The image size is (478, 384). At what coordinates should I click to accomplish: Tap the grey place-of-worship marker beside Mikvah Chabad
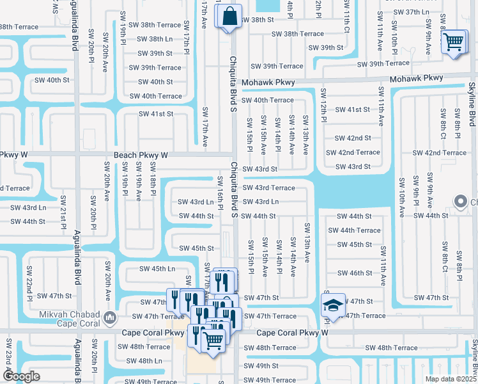click(110, 317)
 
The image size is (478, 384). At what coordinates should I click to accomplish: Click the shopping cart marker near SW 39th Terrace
click(454, 42)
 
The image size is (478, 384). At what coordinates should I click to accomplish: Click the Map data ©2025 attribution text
click(451, 379)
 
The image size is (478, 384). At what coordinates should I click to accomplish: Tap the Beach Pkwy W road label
click(141, 155)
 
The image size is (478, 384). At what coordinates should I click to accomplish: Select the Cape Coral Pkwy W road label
click(292, 333)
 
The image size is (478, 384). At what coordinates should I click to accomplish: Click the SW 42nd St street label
click(353, 138)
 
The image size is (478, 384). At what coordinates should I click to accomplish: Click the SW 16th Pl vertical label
click(220, 192)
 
